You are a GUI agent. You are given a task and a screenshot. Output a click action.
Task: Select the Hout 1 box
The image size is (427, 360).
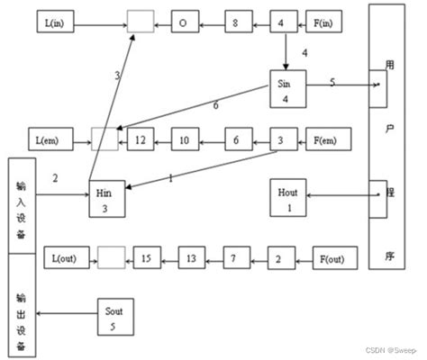287,198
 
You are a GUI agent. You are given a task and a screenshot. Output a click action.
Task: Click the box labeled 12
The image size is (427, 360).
141,140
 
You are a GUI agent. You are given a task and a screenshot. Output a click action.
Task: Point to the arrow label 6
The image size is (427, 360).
215,105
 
